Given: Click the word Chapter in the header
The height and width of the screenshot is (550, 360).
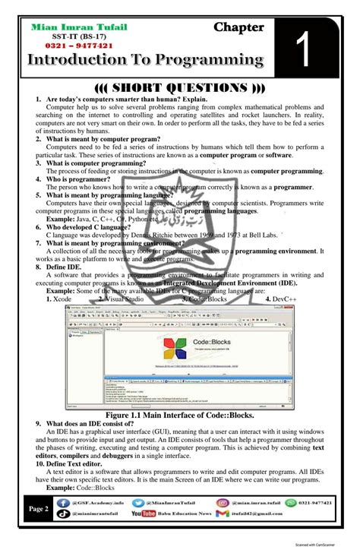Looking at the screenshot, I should pos(238,27).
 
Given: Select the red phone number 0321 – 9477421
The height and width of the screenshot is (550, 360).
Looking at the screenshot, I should pos(68,46).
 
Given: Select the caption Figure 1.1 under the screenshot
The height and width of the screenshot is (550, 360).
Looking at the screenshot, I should pos(180,416).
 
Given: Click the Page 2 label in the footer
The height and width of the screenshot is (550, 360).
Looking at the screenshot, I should pos(37,508).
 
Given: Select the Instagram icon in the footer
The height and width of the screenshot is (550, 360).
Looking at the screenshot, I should pos(223,502).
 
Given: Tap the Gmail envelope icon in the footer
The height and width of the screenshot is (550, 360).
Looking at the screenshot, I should pos(222,514).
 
